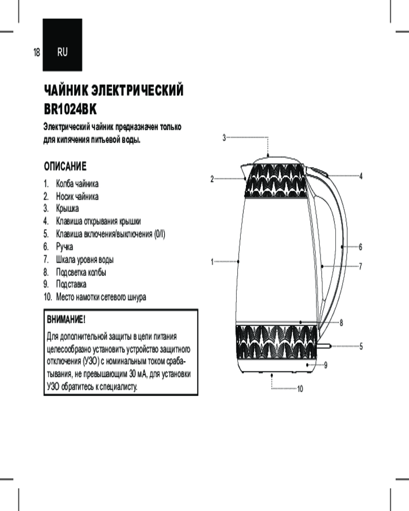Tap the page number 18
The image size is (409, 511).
(36, 52)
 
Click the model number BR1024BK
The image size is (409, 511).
(70, 109)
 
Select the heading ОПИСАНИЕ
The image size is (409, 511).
(65, 167)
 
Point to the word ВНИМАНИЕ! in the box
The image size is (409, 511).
(65, 320)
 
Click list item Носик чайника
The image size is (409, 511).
(77, 196)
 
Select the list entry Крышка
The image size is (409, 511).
(67, 208)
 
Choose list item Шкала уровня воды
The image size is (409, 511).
(84, 259)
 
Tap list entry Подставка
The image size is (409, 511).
(71, 284)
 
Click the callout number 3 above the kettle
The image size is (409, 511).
(224, 137)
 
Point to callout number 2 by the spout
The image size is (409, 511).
(212, 179)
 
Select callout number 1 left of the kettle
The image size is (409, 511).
(212, 262)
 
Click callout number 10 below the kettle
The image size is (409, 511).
(300, 389)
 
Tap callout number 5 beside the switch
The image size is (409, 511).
(360, 346)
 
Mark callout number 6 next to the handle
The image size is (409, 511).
(360, 247)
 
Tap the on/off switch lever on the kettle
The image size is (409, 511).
(324, 346)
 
